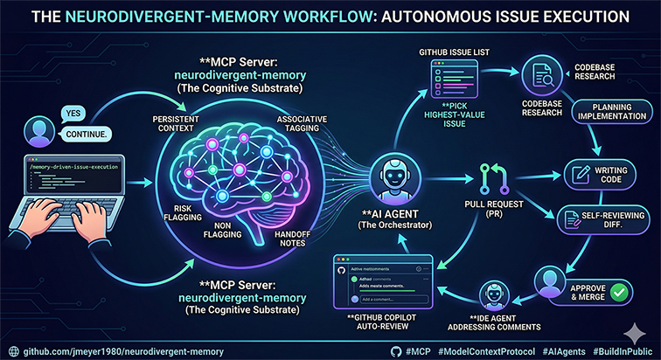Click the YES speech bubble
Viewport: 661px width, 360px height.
click(73, 113)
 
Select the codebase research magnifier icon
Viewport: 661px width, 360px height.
click(541, 78)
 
